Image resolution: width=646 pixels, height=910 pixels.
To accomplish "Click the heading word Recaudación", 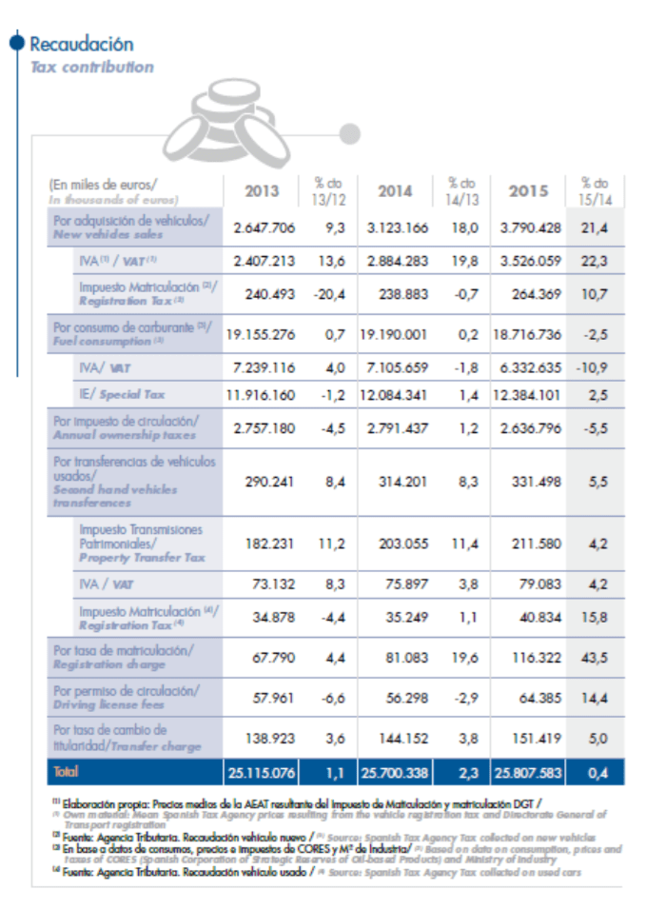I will pos(82,45).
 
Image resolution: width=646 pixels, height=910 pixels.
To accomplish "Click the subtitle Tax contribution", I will pos(91,68).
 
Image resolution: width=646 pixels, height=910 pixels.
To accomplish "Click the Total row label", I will pos(67,772).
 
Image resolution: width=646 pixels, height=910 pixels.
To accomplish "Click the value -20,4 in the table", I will pos(327,295).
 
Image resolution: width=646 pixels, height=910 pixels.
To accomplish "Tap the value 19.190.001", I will pos(395,334).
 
